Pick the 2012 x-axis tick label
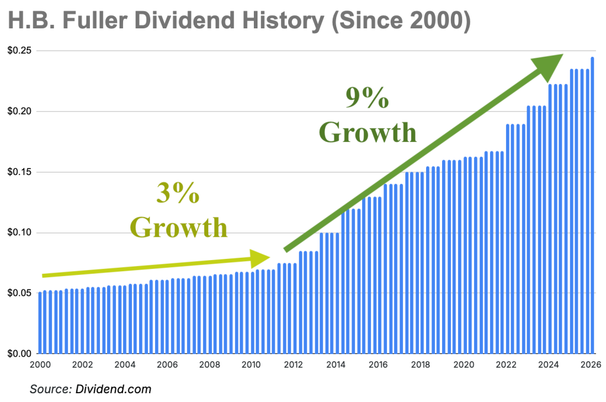coord(294,365)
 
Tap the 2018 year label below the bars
coord(420,365)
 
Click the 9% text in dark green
coord(368,99)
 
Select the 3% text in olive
coord(178,193)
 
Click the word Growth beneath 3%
coord(178,227)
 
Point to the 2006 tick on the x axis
coord(168,365)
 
